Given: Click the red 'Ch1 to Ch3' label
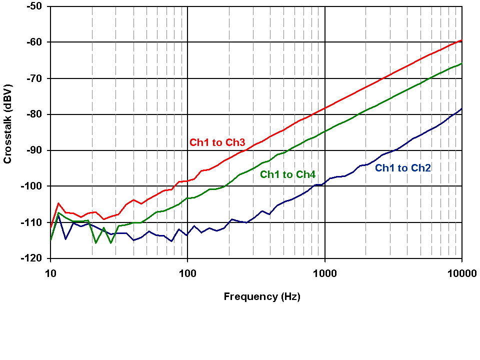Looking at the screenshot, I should (216, 142).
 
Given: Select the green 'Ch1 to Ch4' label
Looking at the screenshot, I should (287, 174).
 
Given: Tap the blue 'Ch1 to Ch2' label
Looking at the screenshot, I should (403, 168).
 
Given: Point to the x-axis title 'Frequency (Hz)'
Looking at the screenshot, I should (262, 296).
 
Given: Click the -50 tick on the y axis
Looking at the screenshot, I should (35, 6).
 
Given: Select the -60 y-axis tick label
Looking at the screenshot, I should (35, 42).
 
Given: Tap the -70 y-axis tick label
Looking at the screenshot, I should (35, 78).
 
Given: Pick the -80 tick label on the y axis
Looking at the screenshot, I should (35, 114).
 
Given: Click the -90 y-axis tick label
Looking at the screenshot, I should (35, 150).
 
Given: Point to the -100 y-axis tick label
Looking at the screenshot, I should (33, 186).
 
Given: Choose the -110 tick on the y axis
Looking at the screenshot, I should (33, 222).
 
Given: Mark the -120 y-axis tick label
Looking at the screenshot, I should (33, 258).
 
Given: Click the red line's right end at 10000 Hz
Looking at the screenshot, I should (461, 39).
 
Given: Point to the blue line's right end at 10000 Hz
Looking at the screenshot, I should (461, 108).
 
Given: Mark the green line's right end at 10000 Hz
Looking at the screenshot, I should (461, 63).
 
